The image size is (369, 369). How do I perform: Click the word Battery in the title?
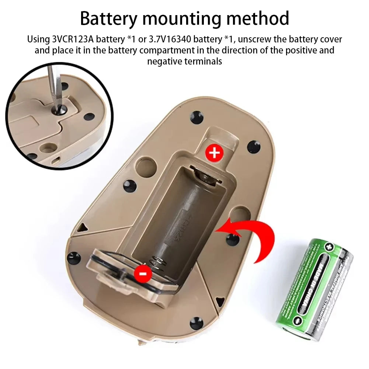pyautogui.click(x=107, y=18)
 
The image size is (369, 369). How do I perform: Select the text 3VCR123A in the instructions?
pyautogui.click(x=70, y=39)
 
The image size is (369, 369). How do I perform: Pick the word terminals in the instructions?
pyautogui.click(x=202, y=61)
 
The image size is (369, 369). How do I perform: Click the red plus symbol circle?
pyautogui.click(x=214, y=152)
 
